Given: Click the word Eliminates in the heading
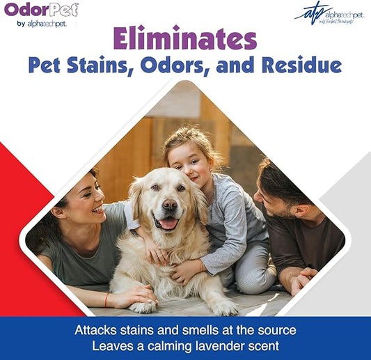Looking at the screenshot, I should click(185, 38).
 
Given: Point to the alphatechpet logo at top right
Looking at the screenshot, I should click(329, 13).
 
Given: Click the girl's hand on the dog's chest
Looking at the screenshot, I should click(183, 269).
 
